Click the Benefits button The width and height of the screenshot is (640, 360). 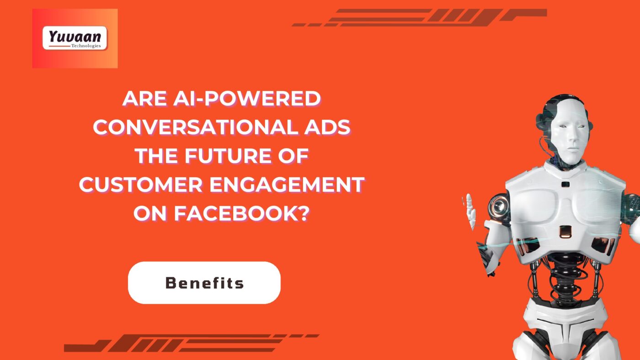click(x=204, y=283)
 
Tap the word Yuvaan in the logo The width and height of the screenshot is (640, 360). click(x=75, y=37)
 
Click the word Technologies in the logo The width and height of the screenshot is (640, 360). click(x=86, y=46)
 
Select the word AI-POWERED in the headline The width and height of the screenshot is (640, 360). click(x=247, y=99)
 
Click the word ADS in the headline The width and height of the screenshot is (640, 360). click(x=327, y=127)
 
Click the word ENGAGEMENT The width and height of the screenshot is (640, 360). click(x=287, y=185)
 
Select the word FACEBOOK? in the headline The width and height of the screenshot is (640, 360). click(x=242, y=213)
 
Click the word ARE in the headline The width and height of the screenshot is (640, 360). click(x=145, y=99)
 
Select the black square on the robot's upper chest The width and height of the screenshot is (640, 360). click(x=565, y=184)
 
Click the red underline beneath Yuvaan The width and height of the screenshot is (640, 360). click(x=59, y=46)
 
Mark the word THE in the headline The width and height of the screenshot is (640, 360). click(x=157, y=156)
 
